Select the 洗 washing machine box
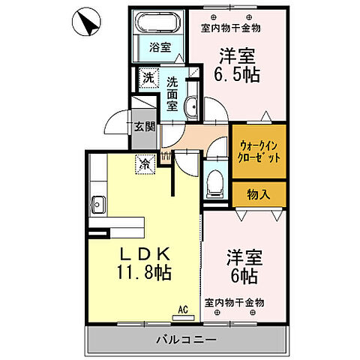pos(148,77)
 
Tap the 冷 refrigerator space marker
pos(143,161)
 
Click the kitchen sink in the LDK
pos(97,203)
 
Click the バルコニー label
pos(186,339)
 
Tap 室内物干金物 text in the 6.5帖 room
pos(230,28)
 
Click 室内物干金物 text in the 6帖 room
pos(234,302)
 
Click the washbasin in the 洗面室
pos(190,106)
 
